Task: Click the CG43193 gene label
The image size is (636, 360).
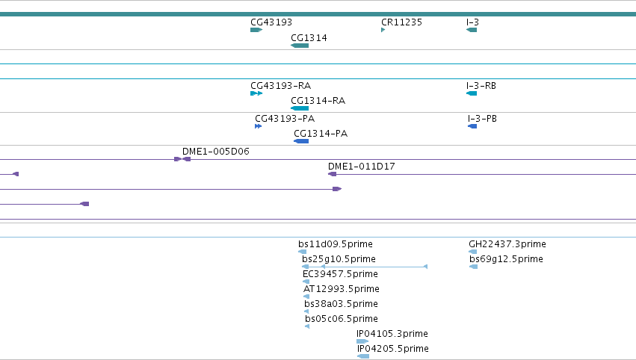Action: click(271, 22)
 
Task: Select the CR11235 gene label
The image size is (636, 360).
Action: click(401, 22)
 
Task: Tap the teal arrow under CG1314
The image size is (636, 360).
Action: click(300, 46)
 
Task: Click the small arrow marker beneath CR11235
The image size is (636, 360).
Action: click(383, 30)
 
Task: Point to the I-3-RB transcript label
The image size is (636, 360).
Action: click(481, 86)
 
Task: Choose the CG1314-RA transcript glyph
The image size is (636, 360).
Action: click(300, 108)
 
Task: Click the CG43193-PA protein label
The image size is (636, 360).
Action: click(285, 118)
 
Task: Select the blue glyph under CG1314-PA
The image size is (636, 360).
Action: click(301, 141)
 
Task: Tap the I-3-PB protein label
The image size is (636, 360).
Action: click(482, 118)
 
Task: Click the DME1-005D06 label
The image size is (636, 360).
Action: click(216, 151)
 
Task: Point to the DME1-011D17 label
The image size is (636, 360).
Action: click(362, 167)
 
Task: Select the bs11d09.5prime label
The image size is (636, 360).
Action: click(336, 244)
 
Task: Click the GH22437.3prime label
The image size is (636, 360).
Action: click(507, 244)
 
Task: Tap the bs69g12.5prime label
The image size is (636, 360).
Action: click(506, 259)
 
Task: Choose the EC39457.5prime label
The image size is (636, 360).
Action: click(340, 274)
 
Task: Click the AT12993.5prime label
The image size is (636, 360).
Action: click(342, 289)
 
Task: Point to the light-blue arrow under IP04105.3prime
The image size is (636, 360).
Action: click(362, 341)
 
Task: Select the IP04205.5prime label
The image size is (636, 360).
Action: click(393, 349)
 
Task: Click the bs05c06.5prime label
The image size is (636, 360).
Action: click(342, 319)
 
